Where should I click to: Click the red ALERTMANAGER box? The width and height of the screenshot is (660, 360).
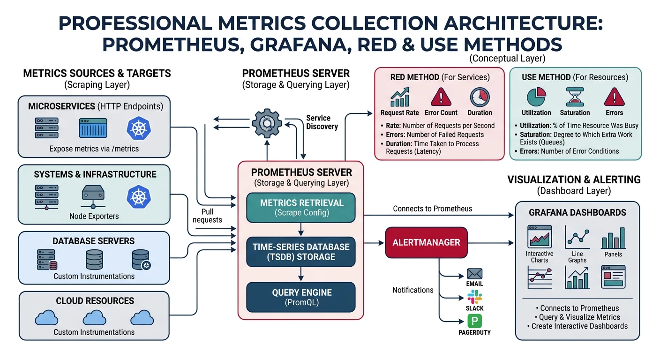[x=426, y=242]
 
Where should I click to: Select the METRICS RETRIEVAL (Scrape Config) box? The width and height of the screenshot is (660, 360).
[x=301, y=208]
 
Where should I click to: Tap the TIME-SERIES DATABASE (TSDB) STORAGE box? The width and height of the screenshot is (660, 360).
[x=301, y=252]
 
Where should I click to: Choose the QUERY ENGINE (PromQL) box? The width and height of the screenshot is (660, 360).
[x=301, y=297]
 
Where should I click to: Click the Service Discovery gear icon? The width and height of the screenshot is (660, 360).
[x=267, y=123]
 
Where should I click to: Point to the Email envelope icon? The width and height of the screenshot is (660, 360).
[x=474, y=274]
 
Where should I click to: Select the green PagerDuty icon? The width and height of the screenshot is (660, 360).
[x=474, y=321]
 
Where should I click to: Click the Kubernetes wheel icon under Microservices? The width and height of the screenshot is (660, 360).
[x=139, y=128]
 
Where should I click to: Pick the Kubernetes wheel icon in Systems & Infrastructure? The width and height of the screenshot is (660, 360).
[x=139, y=197]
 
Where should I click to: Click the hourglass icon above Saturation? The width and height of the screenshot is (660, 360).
[x=575, y=97]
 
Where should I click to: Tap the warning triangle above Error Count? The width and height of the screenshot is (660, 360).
[x=441, y=97]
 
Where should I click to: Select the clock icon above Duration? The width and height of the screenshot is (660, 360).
[x=479, y=97]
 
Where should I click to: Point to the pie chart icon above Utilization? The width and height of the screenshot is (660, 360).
[x=536, y=97]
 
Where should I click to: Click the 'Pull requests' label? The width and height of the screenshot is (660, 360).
[x=207, y=216]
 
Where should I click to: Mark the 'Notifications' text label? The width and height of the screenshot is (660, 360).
[x=412, y=290]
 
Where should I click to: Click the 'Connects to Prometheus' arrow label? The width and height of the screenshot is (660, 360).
[x=432, y=209]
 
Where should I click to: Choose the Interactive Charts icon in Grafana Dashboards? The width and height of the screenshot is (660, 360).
[x=539, y=236]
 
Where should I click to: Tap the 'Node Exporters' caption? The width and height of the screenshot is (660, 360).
[x=94, y=216]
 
